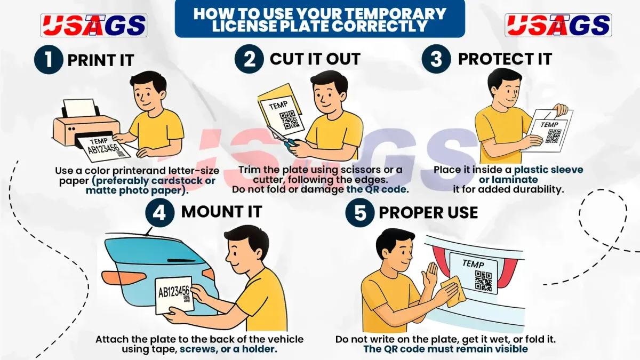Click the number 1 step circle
tap(49, 60)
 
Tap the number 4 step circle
tap(159, 213)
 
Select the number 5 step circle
tap(359, 213)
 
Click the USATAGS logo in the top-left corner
tap(94, 25)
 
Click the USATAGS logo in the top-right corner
tap(558, 25)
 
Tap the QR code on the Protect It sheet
tap(554, 136)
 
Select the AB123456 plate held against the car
tap(174, 295)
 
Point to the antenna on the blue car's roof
tap(149, 231)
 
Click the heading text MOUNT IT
tap(221, 212)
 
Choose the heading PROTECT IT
tap(505, 59)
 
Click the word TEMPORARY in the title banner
tap(378, 14)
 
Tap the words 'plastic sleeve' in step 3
tap(549, 170)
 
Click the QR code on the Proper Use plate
tap(483, 281)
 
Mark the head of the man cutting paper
tap(328, 93)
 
